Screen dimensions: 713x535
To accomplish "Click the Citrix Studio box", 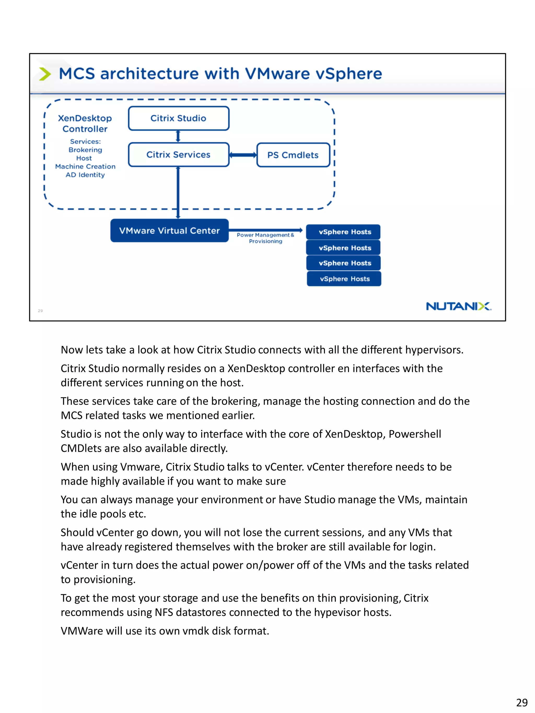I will pyautogui.click(x=178, y=118).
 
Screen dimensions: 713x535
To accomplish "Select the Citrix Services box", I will pyautogui.click(x=178, y=155).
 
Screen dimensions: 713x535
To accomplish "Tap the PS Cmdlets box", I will pyautogui.click(x=293, y=155).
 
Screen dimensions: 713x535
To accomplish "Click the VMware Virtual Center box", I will pyautogui.click(x=169, y=231).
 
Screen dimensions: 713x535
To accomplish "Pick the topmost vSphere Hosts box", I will pyautogui.click(x=344, y=232).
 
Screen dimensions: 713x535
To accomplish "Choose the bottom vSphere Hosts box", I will pyautogui.click(x=344, y=279).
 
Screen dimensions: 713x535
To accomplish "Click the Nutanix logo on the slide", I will pyautogui.click(x=458, y=306).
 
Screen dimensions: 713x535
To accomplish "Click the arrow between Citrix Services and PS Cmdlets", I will pyautogui.click(x=243, y=155).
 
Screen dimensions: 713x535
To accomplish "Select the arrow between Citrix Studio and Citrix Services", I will pyautogui.click(x=178, y=136).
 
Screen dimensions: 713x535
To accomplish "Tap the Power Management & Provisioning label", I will pyautogui.click(x=265, y=238).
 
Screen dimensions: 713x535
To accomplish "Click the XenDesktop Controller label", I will pyautogui.click(x=85, y=123).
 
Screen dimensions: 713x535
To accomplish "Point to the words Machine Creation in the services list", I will pyautogui.click(x=85, y=167).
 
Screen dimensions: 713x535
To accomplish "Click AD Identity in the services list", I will pyautogui.click(x=85, y=175).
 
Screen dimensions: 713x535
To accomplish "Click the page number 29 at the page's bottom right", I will pyautogui.click(x=521, y=702).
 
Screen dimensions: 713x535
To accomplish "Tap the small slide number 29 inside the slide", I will pyautogui.click(x=40, y=311).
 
